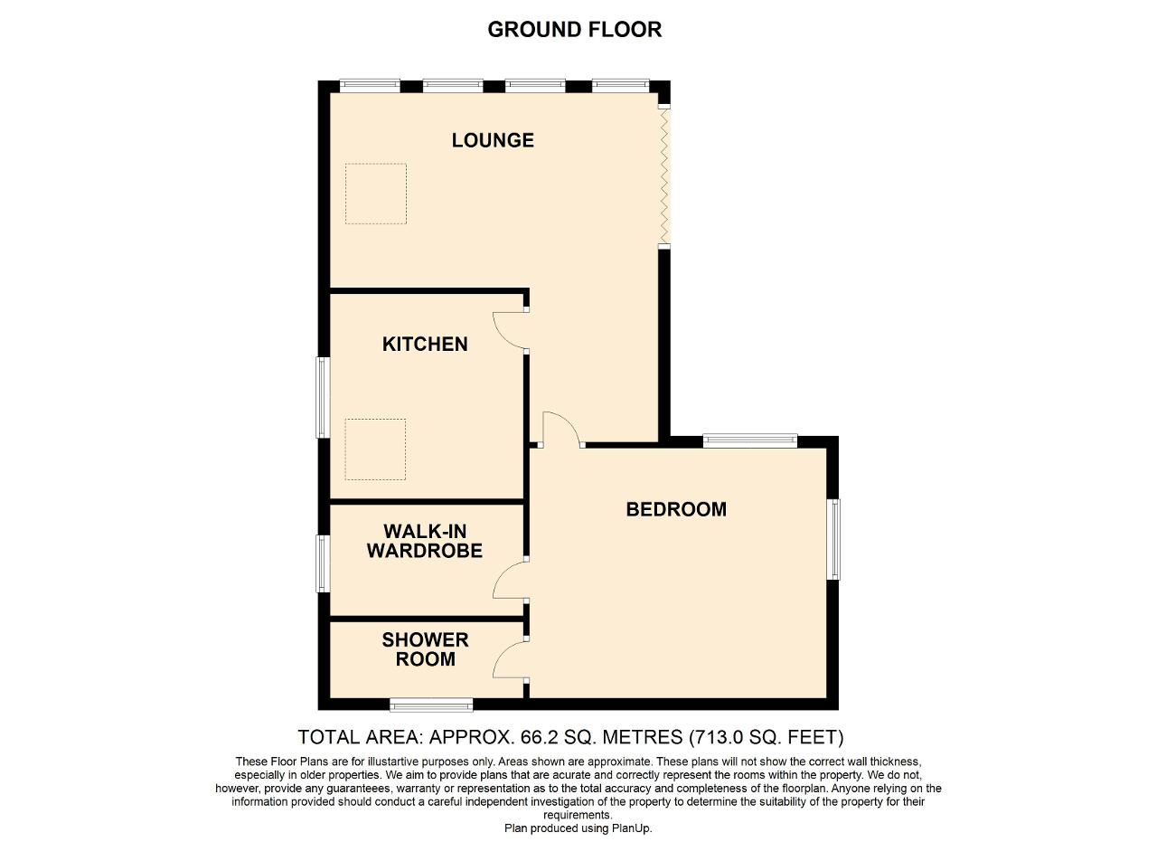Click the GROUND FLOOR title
click(574, 30)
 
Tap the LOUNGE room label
click(493, 140)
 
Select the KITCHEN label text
click(425, 344)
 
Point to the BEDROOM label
click(676, 509)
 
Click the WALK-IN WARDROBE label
click(425, 541)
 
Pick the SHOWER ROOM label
click(425, 649)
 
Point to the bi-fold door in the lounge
click(664, 176)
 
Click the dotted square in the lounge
click(376, 194)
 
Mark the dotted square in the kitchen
click(375, 449)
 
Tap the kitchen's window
click(323, 397)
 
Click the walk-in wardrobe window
click(323, 563)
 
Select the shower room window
click(431, 705)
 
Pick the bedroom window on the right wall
click(833, 539)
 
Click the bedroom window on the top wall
click(750, 441)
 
